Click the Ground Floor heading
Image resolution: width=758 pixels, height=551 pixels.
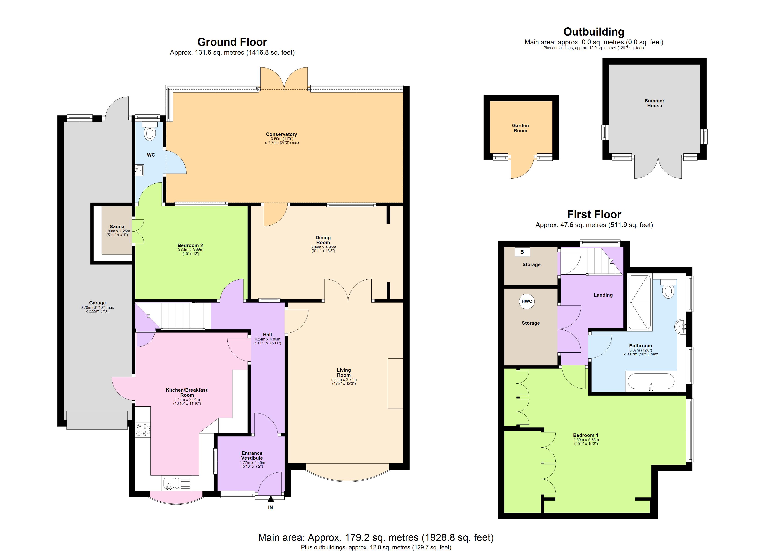pyautogui.click(x=232, y=42)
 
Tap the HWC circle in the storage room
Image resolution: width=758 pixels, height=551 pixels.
pyautogui.click(x=526, y=301)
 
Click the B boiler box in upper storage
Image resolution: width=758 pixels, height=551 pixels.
pyautogui.click(x=522, y=252)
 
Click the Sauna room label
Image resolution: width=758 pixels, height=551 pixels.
pyautogui.click(x=117, y=227)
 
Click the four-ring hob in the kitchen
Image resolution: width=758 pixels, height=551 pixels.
pyautogui.click(x=142, y=430)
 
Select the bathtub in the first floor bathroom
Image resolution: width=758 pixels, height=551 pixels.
pyautogui.click(x=651, y=381)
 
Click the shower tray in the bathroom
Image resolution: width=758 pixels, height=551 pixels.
pyautogui.click(x=639, y=302)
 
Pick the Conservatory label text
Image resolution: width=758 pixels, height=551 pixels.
pyautogui.click(x=281, y=134)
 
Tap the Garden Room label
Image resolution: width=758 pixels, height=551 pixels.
pyautogui.click(x=520, y=128)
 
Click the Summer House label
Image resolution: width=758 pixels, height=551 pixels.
pyautogui.click(x=654, y=103)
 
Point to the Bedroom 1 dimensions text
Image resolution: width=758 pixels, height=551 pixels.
pyautogui.click(x=585, y=442)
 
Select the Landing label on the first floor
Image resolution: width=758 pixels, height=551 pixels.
pyautogui.click(x=603, y=295)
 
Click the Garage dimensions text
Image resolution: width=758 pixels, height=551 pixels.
pyautogui.click(x=97, y=309)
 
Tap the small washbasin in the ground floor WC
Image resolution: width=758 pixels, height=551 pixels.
pyautogui.click(x=139, y=170)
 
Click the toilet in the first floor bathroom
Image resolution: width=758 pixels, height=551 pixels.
pyautogui.click(x=668, y=290)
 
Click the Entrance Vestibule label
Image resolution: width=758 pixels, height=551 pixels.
pyautogui.click(x=252, y=455)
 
